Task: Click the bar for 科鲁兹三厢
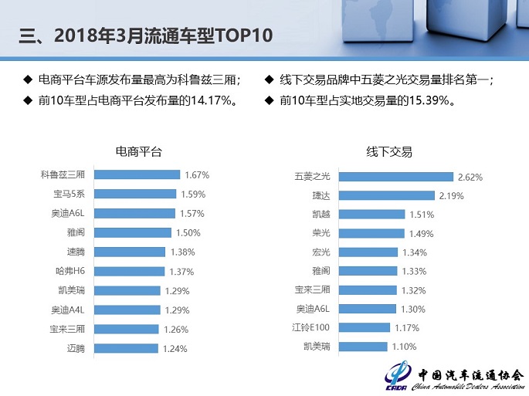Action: tap(136, 174)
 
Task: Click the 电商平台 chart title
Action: tap(139, 151)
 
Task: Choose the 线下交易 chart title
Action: tap(390, 151)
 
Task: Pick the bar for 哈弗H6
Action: tap(128, 271)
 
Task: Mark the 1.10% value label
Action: tap(405, 347)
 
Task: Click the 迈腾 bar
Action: tap(126, 348)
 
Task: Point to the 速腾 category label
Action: tap(76, 252)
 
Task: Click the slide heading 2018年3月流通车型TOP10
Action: tap(146, 36)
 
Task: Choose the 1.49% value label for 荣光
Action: tap(422, 233)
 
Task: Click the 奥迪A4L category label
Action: tap(72, 310)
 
